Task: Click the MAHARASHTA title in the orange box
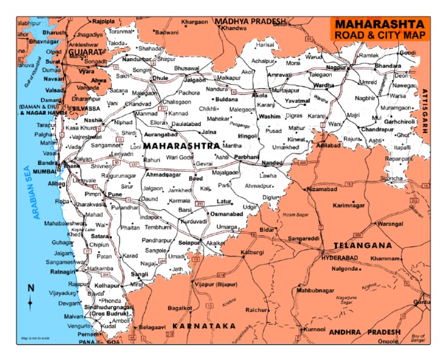coord(378,25)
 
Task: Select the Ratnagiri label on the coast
coord(62,271)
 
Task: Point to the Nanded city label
coord(272,163)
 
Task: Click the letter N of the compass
coord(31,288)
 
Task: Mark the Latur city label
coord(224,202)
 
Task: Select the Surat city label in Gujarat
coord(54,61)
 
